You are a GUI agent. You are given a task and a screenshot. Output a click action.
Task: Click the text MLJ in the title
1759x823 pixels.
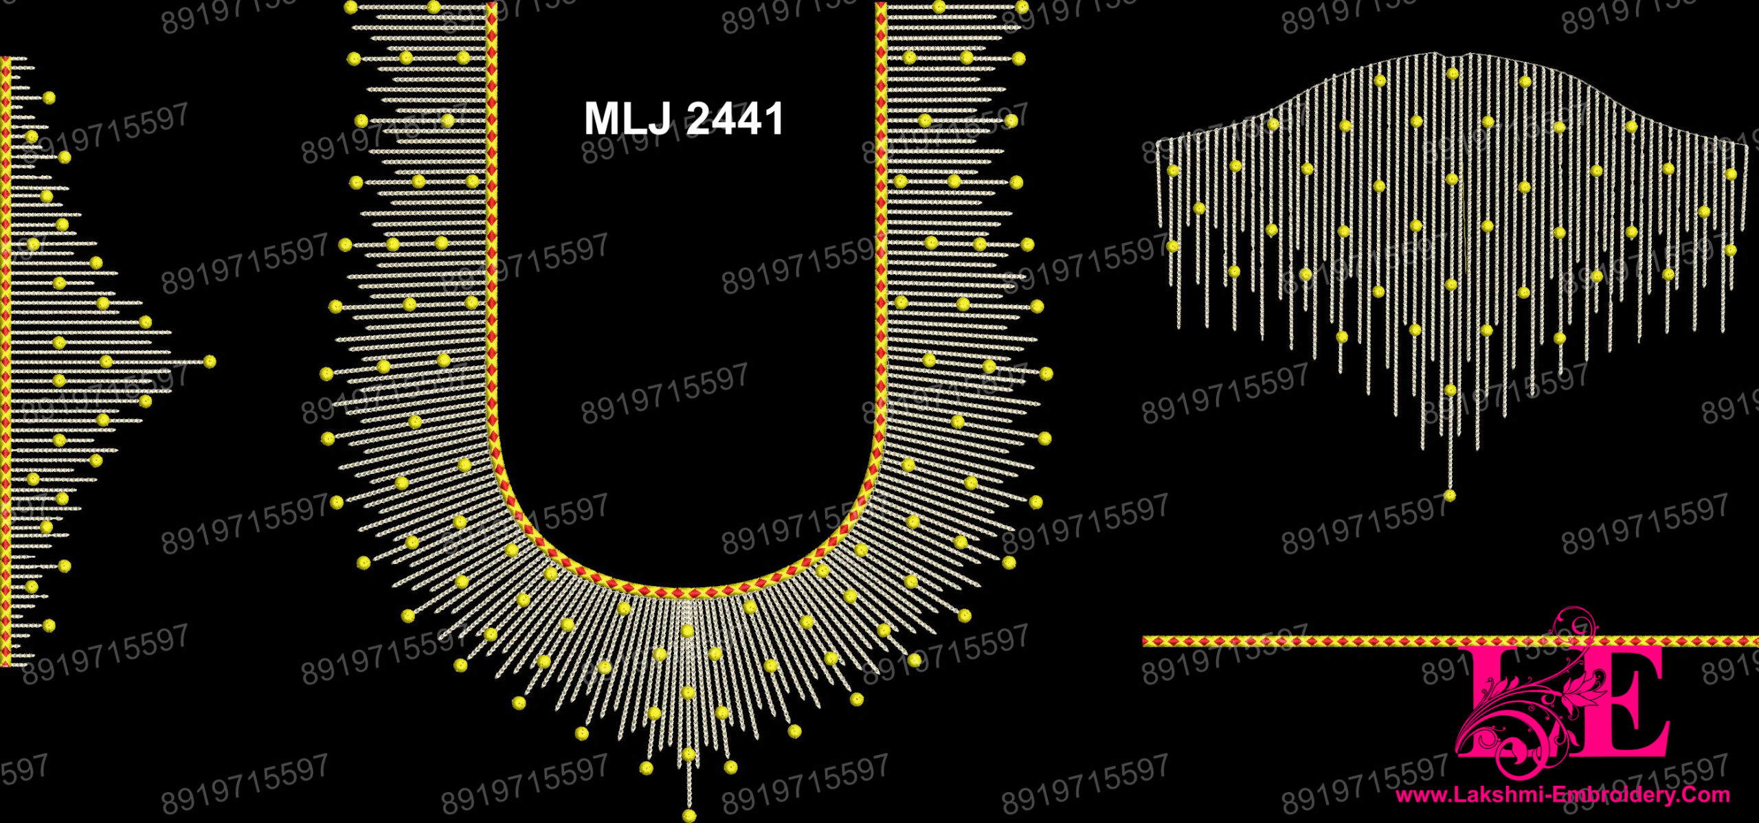tap(627, 118)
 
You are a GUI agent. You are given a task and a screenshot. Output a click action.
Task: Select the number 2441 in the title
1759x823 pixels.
tap(735, 118)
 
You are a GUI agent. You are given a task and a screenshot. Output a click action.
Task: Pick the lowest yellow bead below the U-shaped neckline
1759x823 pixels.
tap(689, 815)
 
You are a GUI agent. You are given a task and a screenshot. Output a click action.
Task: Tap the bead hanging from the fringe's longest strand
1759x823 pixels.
tap(1450, 495)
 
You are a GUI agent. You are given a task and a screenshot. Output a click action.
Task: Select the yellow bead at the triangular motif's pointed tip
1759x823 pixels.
tap(210, 361)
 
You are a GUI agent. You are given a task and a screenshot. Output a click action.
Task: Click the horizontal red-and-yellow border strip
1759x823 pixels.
tap(1450, 641)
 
